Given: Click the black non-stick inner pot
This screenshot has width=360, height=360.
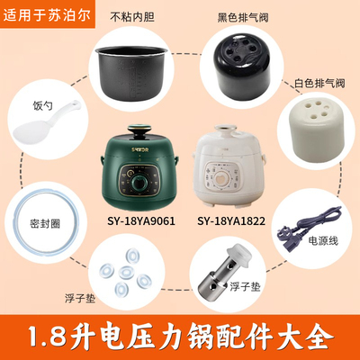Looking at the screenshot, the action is (x=131, y=75).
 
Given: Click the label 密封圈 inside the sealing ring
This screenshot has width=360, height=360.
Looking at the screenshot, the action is (x=45, y=224).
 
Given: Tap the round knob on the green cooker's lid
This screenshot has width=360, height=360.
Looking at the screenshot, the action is (x=138, y=131).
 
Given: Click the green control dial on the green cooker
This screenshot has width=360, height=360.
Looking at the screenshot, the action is (x=138, y=183).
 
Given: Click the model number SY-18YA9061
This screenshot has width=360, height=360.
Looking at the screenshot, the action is (x=141, y=221).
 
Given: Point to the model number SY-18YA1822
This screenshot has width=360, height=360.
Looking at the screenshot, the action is (x=231, y=221).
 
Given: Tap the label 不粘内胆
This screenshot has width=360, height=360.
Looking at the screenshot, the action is (x=132, y=17).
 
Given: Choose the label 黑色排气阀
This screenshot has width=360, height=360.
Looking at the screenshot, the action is (x=243, y=17).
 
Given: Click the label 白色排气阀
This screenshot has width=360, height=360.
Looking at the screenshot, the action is (x=319, y=83).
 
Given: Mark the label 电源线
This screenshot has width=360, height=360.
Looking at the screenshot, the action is (x=323, y=240).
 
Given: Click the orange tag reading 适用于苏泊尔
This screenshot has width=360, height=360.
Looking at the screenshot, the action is (x=48, y=14).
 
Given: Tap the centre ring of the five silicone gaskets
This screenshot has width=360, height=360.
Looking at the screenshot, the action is (x=127, y=272).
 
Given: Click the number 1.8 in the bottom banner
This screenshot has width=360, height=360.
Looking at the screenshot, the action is (x=48, y=336).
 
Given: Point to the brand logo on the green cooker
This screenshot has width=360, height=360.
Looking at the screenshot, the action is (x=138, y=148).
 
